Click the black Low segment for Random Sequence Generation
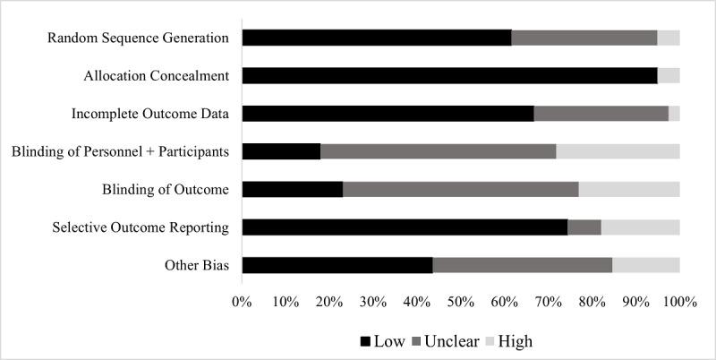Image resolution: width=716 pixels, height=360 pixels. tap(376, 38)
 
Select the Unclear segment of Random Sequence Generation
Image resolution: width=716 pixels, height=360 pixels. tap(584, 38)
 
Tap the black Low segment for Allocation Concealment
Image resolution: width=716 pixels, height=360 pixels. tap(449, 75)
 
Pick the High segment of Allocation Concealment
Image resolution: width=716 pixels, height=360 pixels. tap(669, 75)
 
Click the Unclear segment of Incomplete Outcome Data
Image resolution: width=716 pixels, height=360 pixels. tap(601, 113)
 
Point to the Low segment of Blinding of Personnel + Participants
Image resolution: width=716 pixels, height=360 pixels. tap(281, 151)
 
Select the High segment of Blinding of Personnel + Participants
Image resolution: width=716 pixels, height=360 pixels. tap(618, 151)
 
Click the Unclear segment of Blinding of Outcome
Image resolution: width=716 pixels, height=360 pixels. tap(461, 189)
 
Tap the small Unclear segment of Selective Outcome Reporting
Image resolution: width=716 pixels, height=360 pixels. tap(584, 227)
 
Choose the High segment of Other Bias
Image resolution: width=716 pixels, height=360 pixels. tap(646, 265)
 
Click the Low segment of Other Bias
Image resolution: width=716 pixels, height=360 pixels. tap(337, 265)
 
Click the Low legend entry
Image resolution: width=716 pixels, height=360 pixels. tap(382, 341)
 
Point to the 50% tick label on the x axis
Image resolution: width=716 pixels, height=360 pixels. tap(460, 303)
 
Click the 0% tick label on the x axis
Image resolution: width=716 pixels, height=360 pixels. tap(242, 303)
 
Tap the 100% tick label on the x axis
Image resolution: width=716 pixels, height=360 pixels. tap(679, 303)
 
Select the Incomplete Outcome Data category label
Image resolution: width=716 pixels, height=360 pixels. tap(150, 114)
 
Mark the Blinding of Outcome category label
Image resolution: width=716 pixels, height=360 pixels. tap(166, 190)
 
